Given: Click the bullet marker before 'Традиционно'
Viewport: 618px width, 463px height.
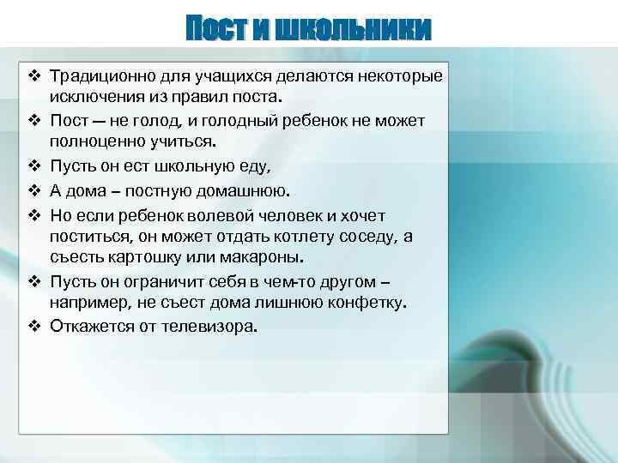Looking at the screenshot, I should pyautogui.click(x=34, y=77).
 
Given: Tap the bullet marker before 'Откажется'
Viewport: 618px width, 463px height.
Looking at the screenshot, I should pyautogui.click(x=34, y=327).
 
